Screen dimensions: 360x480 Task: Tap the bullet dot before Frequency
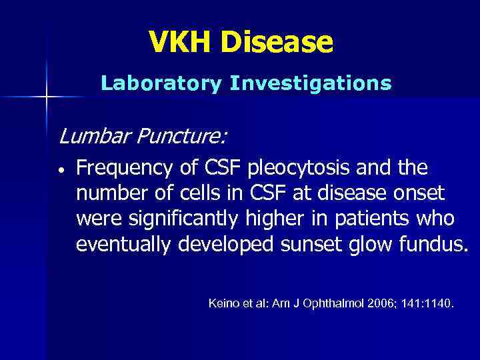[61, 169]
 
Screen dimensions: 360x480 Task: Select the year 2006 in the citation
[379, 304]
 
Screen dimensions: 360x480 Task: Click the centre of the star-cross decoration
[47, 97]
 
